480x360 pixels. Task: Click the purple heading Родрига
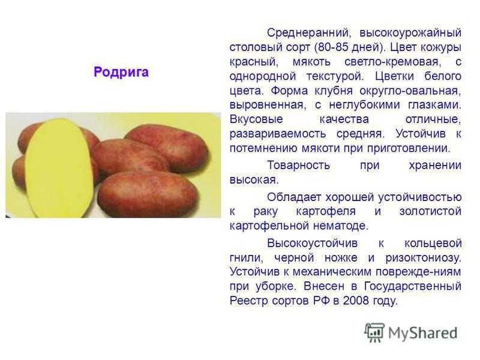point(121,72)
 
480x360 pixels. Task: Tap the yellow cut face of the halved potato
point(59,168)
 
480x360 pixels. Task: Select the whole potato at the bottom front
point(148,194)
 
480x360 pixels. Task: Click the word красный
point(254,62)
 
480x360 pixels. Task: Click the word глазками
point(434,105)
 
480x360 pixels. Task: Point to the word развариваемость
point(278,134)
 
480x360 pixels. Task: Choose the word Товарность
point(298,166)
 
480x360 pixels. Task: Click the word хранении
point(435,166)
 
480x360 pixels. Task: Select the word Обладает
point(294,197)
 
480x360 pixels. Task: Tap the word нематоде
point(339,226)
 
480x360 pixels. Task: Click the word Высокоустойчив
point(312,244)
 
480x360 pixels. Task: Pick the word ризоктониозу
point(423,258)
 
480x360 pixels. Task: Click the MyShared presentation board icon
point(374,332)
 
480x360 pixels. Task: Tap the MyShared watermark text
point(423,333)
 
